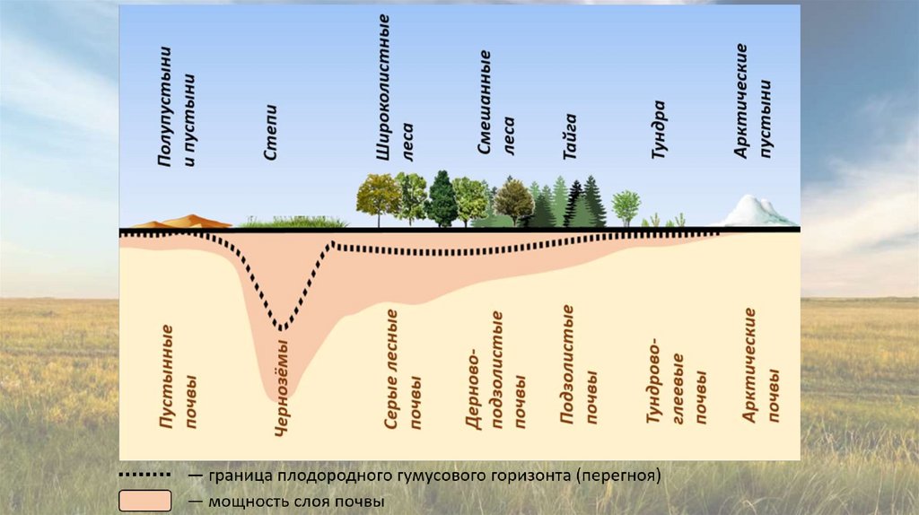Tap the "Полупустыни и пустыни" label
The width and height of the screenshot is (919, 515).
[177, 108]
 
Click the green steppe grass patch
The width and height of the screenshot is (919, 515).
[296, 222]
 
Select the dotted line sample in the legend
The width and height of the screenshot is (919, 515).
[144, 474]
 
